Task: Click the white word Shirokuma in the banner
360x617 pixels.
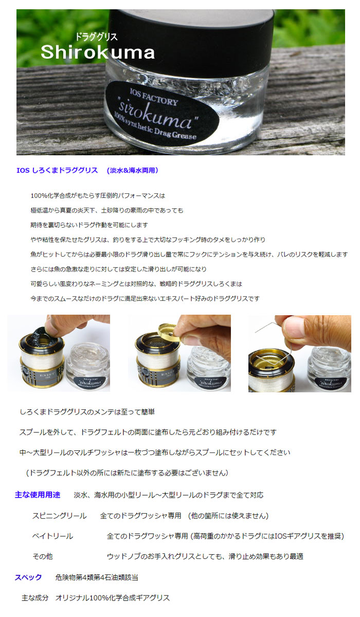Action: [98, 52]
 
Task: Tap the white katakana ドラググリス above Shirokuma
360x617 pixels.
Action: [96, 37]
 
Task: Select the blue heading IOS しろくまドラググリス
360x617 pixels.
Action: [57, 170]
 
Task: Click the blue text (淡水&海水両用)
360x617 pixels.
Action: [133, 171]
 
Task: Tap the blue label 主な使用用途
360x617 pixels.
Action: [38, 495]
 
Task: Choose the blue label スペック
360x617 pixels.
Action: [28, 577]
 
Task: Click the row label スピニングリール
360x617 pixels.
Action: [60, 516]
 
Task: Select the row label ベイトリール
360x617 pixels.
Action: [52, 536]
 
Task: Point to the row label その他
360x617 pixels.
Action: [43, 556]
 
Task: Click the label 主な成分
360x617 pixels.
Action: [35, 597]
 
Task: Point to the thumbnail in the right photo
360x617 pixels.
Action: [292, 328]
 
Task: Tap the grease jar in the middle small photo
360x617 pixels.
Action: [208, 368]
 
